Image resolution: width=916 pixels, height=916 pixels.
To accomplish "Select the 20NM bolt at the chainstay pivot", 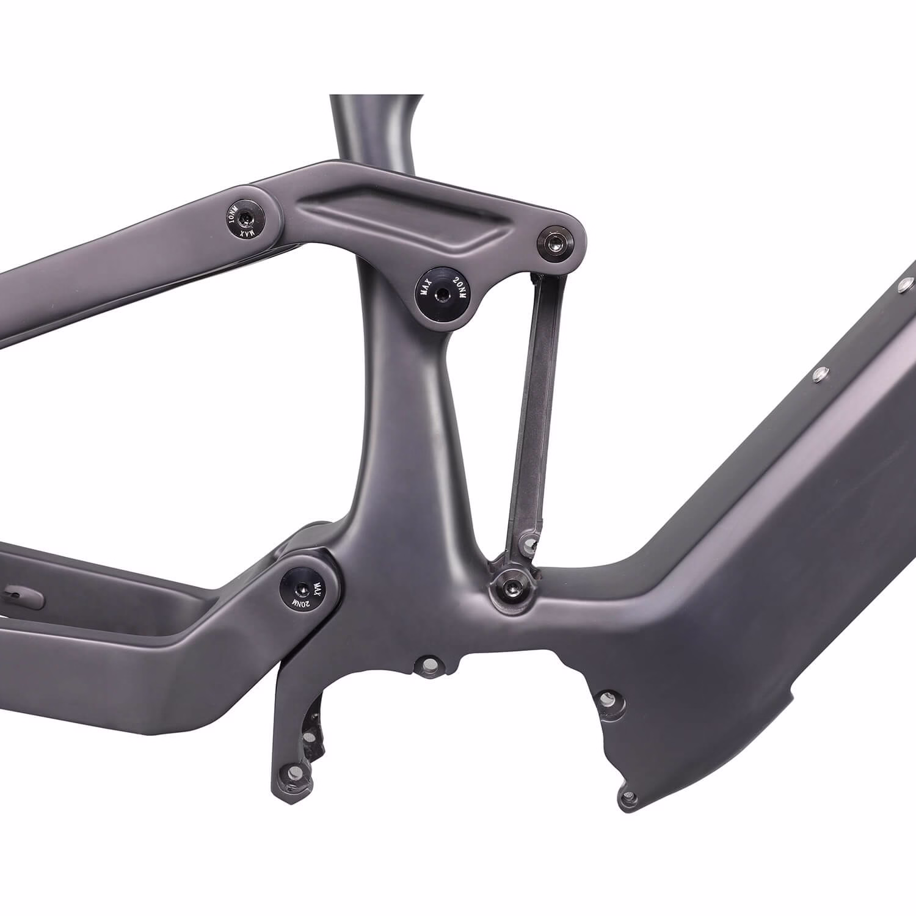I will [304, 588].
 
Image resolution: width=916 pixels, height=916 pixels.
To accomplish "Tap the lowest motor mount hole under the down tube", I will [630, 797].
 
